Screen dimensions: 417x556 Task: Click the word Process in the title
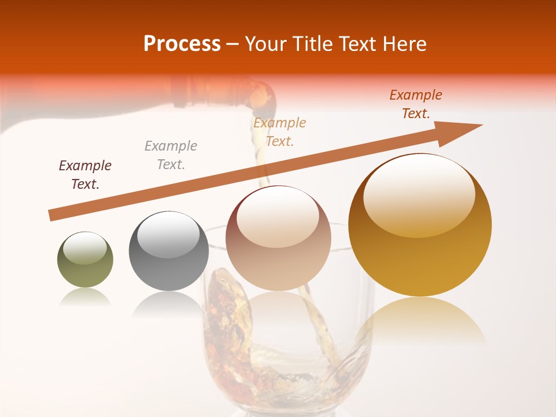tap(182, 44)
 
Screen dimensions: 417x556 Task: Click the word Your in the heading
tap(266, 44)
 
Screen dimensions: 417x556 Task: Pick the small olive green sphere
tap(85, 260)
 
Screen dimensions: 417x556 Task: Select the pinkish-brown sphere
tap(278, 239)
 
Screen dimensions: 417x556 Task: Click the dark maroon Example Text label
tap(85, 175)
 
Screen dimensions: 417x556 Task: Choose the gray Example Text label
tap(171, 155)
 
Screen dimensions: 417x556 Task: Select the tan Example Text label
tap(280, 132)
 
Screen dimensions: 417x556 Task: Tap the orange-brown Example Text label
tap(416, 104)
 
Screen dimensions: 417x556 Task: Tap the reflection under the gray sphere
tap(169, 304)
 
